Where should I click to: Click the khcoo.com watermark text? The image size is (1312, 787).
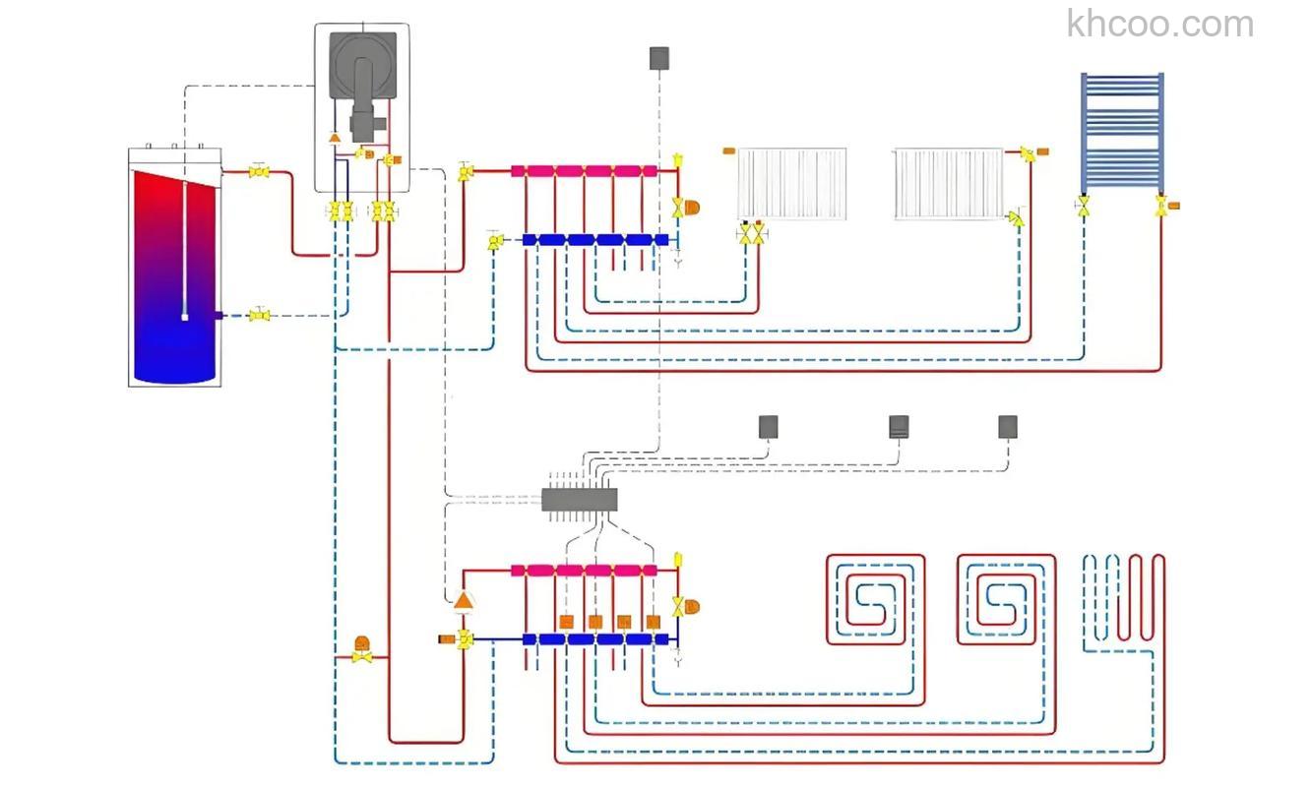(x=1160, y=24)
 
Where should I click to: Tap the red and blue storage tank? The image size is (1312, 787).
(x=174, y=271)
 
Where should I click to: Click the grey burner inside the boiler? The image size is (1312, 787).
(x=363, y=83)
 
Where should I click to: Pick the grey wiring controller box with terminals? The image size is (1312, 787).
(x=580, y=500)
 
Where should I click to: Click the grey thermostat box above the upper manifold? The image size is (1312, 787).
(x=659, y=58)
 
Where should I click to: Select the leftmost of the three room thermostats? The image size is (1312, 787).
(x=768, y=426)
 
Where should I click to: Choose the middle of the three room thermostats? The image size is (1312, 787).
(x=899, y=426)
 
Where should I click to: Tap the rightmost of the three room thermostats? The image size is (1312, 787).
(x=1008, y=426)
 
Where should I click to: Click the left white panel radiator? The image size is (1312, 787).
(x=792, y=183)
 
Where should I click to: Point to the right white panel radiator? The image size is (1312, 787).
(x=949, y=183)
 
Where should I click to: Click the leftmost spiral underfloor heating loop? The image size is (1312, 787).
(x=875, y=600)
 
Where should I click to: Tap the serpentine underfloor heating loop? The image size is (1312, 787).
(x=1123, y=600)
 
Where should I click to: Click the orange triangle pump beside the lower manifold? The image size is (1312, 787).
(x=463, y=599)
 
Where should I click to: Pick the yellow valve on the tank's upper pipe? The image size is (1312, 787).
(x=259, y=172)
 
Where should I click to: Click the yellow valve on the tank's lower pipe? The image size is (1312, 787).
(x=259, y=315)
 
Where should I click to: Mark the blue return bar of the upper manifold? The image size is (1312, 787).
(x=595, y=240)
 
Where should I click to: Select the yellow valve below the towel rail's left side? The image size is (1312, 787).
(x=1084, y=206)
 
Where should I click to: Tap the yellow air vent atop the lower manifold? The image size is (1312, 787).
(x=678, y=561)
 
